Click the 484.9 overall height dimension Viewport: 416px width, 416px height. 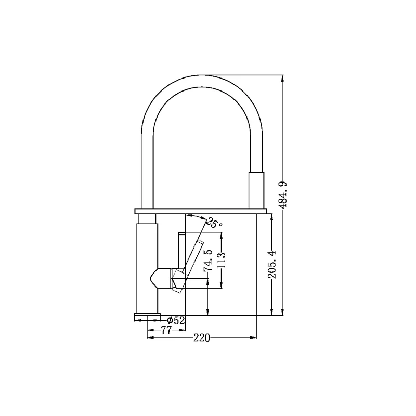[283, 195]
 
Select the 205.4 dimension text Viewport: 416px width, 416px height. [272, 264]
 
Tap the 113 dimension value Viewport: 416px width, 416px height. [220, 261]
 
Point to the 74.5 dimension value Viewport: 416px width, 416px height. [208, 261]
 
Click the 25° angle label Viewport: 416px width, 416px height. [214, 223]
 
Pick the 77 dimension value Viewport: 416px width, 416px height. [166, 330]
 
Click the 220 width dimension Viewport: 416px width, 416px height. [202, 338]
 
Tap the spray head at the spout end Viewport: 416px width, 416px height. [256, 190]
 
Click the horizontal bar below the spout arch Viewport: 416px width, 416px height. [200, 211]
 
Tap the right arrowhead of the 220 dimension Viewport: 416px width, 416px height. [254, 337]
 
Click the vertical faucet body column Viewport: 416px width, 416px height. [147, 268]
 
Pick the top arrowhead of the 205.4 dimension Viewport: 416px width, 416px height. [271, 217]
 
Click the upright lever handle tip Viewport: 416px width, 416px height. [183, 233]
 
